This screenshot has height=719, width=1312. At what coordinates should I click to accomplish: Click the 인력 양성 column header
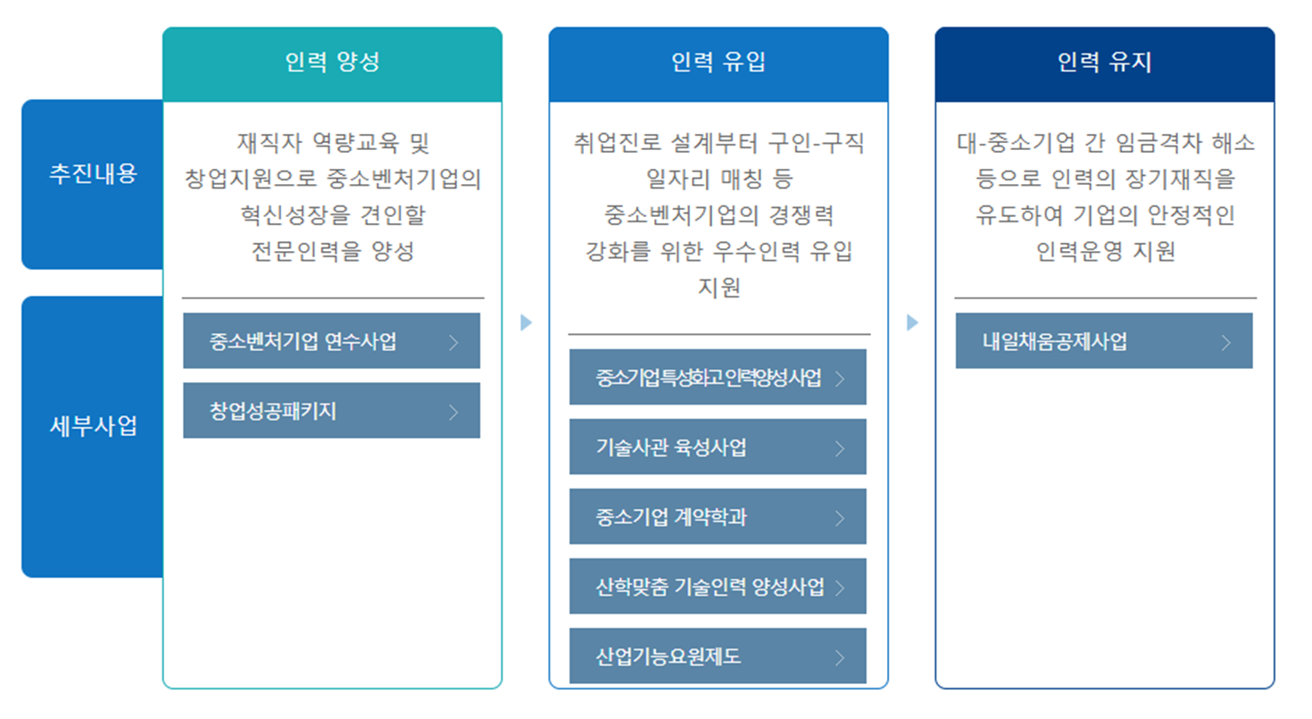tap(332, 63)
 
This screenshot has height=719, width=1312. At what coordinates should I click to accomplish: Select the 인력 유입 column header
tap(718, 63)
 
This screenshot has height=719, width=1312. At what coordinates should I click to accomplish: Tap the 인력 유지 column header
tap(1105, 63)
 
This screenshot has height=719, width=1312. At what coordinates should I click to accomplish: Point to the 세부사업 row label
tap(93, 426)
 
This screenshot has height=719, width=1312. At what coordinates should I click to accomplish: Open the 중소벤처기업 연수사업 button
tap(331, 340)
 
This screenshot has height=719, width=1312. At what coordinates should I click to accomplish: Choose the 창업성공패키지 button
tap(331, 411)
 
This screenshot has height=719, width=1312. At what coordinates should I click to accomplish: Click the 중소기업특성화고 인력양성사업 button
tap(718, 377)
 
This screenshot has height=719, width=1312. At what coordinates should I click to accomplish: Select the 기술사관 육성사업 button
tap(718, 447)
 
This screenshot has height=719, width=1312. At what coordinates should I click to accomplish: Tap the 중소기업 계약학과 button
tap(718, 516)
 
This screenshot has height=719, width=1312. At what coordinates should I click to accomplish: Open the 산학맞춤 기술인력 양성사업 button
tap(718, 586)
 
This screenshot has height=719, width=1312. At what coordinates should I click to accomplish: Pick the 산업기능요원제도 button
tap(718, 656)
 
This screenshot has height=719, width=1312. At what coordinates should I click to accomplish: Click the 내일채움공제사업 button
tap(1104, 340)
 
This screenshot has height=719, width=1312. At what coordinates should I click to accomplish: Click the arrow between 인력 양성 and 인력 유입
tap(526, 322)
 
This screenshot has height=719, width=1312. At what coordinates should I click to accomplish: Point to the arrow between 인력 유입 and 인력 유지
tap(912, 322)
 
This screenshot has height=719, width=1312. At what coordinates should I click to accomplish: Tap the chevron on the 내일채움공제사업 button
tap(1226, 341)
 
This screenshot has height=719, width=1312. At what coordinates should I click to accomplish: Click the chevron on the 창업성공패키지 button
tap(453, 412)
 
